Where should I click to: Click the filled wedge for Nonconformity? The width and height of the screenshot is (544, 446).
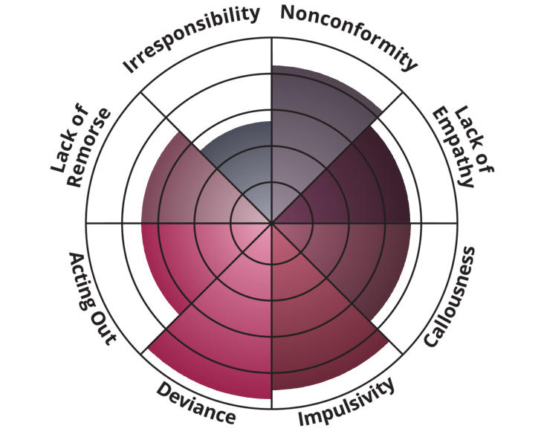[312, 126]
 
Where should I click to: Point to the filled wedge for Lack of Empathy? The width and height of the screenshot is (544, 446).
[357, 186]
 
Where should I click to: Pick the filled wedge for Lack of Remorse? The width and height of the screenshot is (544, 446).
[186, 186]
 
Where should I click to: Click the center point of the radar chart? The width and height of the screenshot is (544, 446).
[272, 223]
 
